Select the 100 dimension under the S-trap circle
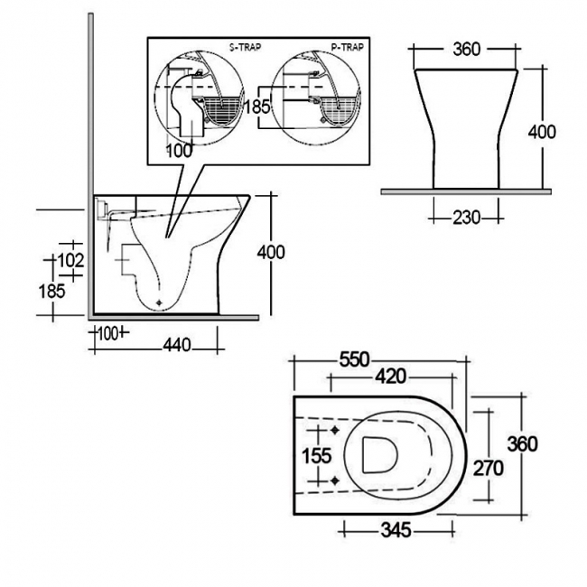click(179, 151)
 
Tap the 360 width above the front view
click(464, 48)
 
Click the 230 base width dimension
click(455, 217)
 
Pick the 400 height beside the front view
click(542, 132)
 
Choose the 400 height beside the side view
click(271, 252)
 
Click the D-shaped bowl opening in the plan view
click(377, 454)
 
